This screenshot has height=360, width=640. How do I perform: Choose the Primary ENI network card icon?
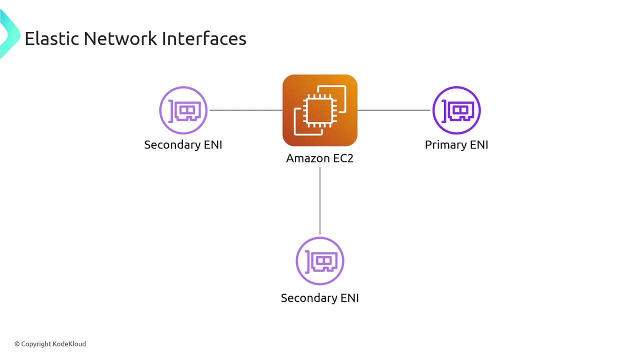click(456, 110)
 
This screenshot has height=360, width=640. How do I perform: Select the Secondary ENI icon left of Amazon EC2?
click(183, 110)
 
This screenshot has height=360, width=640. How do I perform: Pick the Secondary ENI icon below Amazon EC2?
click(320, 261)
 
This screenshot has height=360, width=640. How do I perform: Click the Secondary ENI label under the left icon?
click(183, 145)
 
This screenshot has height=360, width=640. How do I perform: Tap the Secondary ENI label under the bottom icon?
click(320, 298)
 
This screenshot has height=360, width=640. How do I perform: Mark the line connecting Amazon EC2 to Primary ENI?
click(394, 110)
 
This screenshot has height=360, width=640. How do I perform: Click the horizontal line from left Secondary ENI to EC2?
click(246, 110)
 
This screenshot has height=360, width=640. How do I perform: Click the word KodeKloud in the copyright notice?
click(69, 344)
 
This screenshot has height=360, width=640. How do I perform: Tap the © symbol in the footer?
click(17, 344)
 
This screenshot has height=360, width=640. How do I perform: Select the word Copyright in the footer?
click(36, 344)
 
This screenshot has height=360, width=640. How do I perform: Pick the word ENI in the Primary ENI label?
click(479, 145)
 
